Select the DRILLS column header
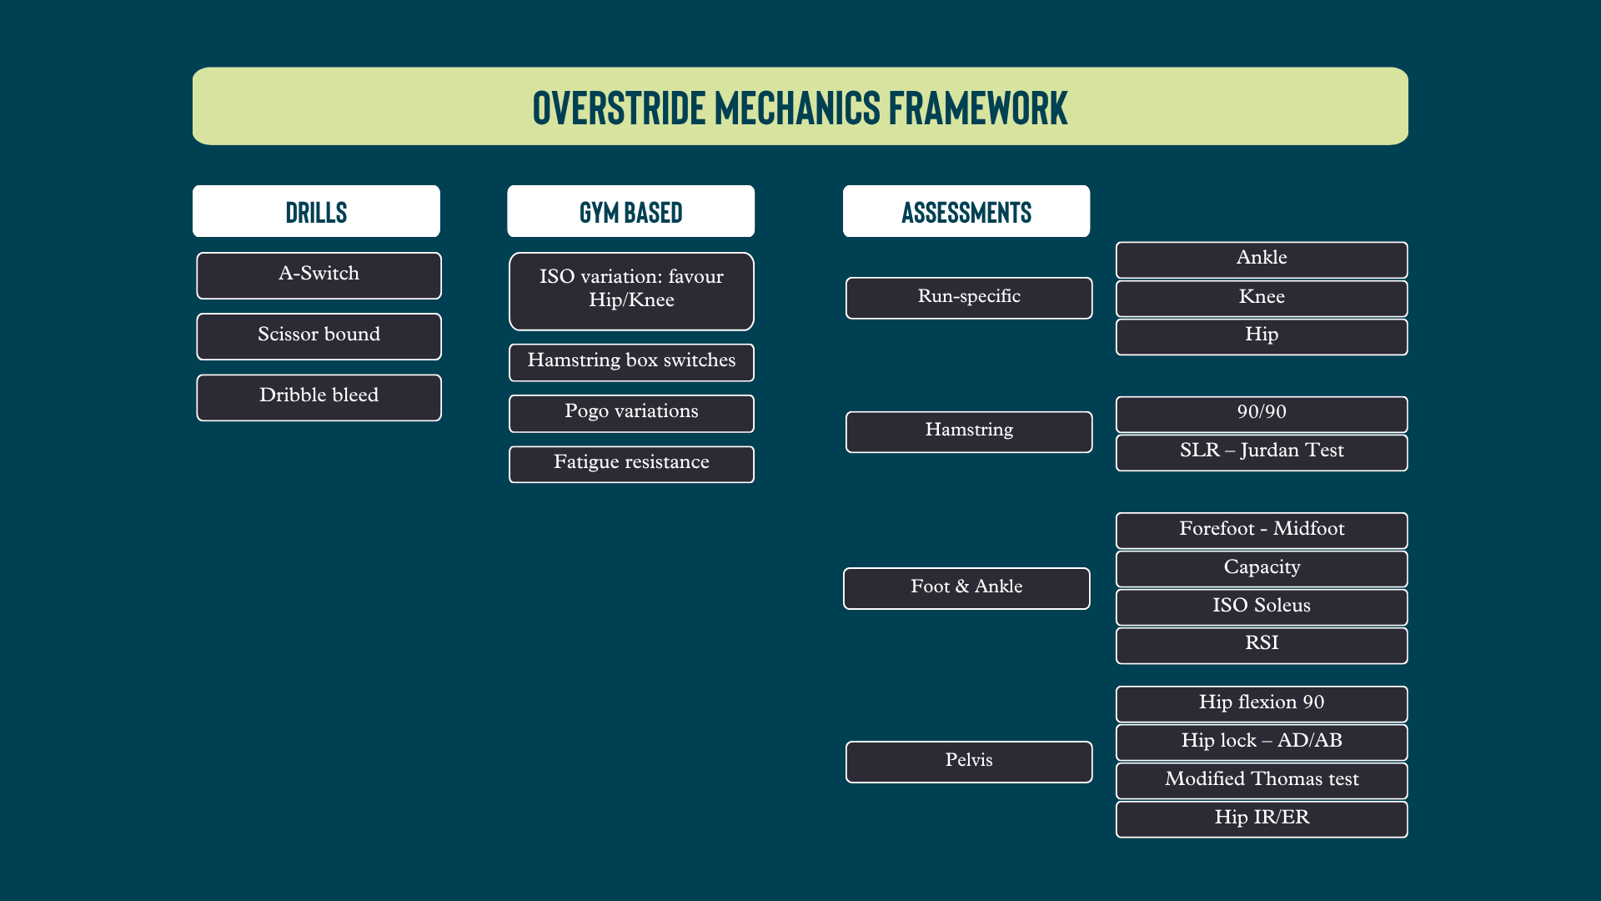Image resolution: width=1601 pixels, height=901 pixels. click(316, 211)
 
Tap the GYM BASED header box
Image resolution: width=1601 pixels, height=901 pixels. click(631, 211)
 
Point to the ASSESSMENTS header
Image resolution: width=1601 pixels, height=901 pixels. click(966, 211)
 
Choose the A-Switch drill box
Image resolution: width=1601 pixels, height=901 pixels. click(319, 275)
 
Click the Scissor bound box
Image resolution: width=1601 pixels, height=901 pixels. click(319, 336)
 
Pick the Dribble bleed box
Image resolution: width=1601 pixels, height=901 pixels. click(319, 397)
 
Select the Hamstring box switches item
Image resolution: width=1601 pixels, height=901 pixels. click(631, 362)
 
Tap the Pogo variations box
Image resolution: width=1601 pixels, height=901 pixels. click(631, 413)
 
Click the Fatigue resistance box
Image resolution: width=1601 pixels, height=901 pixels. click(631, 464)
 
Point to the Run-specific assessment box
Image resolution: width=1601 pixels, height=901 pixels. click(969, 298)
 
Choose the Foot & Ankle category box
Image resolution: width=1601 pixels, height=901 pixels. click(966, 588)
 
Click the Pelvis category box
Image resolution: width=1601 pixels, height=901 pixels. click(969, 762)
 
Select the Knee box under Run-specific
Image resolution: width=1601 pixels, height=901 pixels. click(1262, 298)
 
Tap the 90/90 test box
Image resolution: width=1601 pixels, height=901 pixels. click(1262, 414)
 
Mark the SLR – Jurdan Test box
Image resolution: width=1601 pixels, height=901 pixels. click(1262, 452)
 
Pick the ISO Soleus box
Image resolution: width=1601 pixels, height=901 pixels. click(1262, 607)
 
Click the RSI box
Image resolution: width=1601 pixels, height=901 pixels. click(1262, 645)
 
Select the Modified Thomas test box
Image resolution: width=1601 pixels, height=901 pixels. click(1262, 780)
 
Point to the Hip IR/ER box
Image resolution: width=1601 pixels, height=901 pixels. click(1262, 818)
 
